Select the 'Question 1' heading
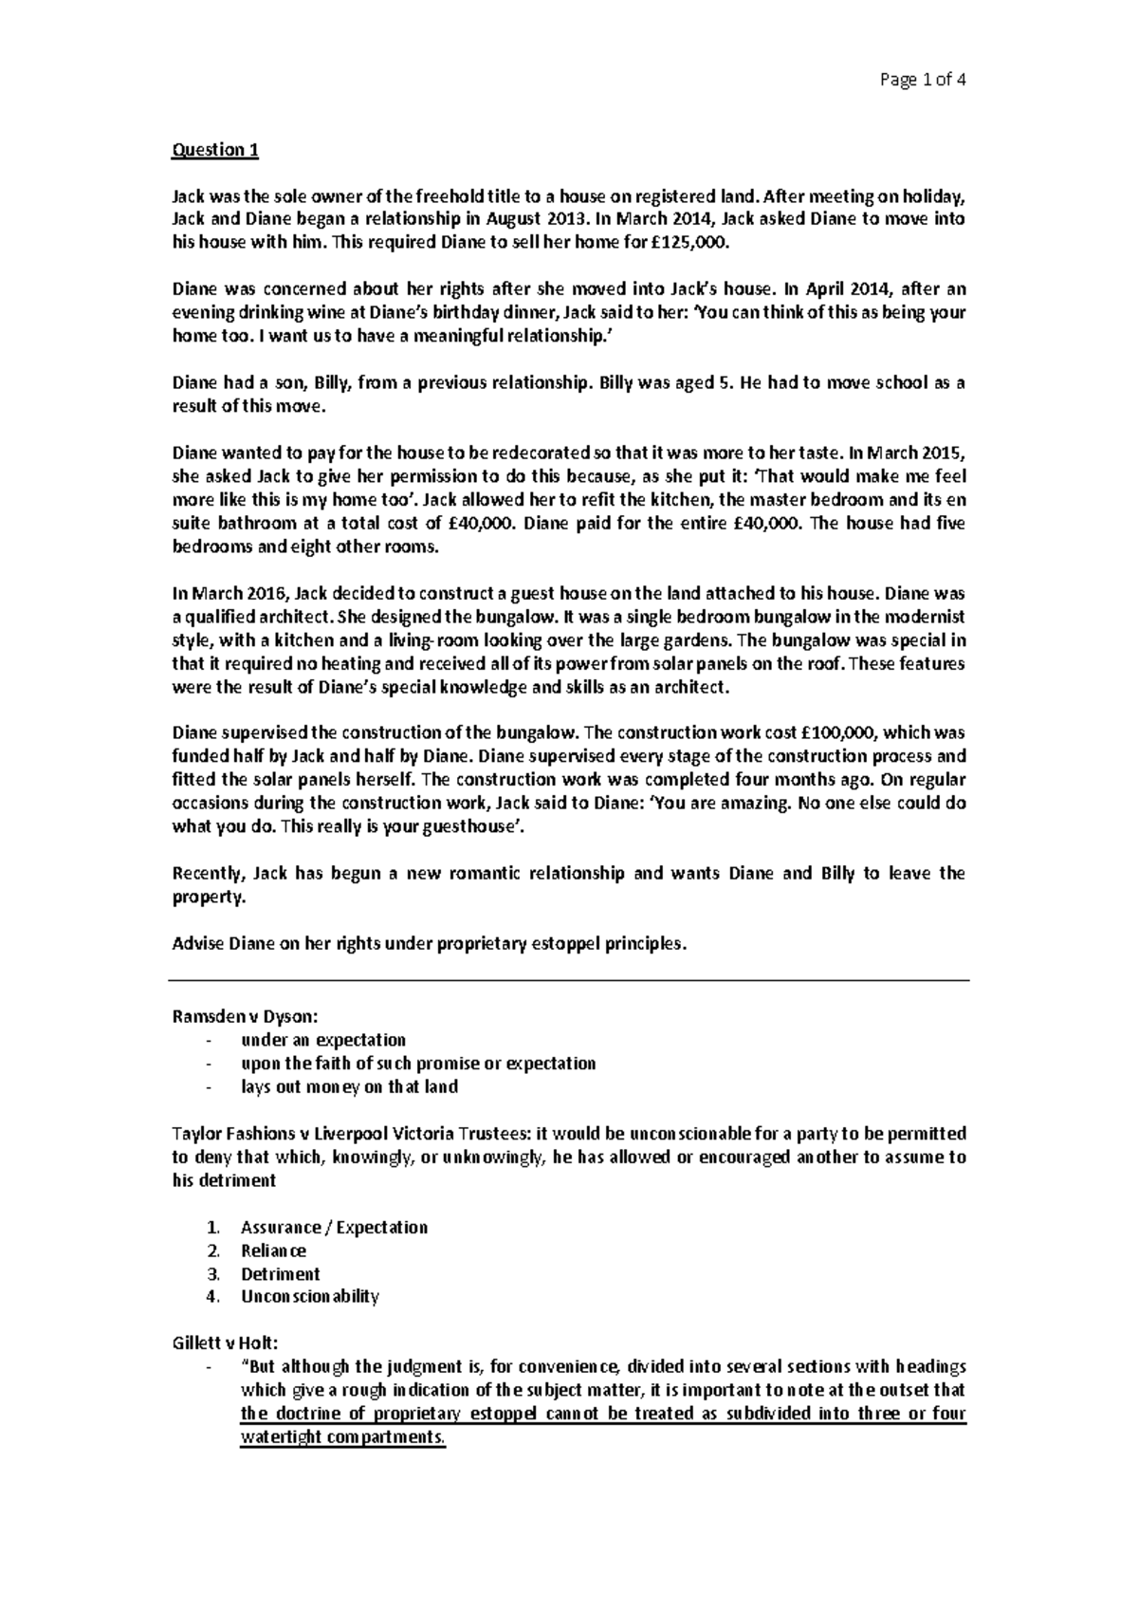[x=214, y=150]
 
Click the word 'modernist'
[x=921, y=617]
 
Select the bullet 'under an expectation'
[x=323, y=1040]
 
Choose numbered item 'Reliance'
[x=273, y=1250]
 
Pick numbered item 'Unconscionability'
[x=309, y=1297]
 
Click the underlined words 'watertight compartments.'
[x=342, y=1437]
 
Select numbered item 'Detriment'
[x=280, y=1274]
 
